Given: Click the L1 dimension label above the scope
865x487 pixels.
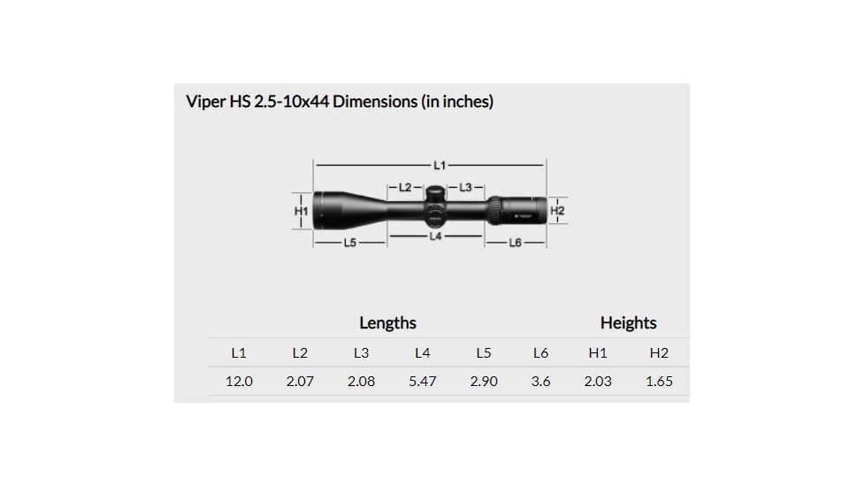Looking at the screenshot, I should pyautogui.click(x=440, y=165).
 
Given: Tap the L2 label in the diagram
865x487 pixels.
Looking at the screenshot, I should pyautogui.click(x=405, y=187).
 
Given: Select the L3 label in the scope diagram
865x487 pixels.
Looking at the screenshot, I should pyautogui.click(x=466, y=187).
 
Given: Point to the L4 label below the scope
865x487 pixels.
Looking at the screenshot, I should pyautogui.click(x=436, y=237).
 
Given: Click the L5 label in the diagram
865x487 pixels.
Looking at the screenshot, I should pyautogui.click(x=349, y=243).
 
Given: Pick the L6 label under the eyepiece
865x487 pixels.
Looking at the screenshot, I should pyautogui.click(x=516, y=243).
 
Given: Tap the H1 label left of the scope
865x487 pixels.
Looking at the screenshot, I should pyautogui.click(x=301, y=212).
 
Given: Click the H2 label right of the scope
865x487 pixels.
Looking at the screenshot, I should pyautogui.click(x=557, y=211).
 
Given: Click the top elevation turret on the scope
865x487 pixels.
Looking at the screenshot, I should pyautogui.click(x=436, y=192).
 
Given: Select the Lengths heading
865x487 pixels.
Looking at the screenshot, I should pyautogui.click(x=387, y=323).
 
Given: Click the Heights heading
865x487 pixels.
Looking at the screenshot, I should pyautogui.click(x=628, y=323).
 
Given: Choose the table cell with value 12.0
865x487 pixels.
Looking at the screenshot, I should pyautogui.click(x=239, y=382).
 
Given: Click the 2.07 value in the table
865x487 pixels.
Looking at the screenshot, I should pyautogui.click(x=300, y=382).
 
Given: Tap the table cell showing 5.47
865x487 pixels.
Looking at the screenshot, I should pyautogui.click(x=422, y=382).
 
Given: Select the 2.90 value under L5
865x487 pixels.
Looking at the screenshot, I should pyautogui.click(x=483, y=382).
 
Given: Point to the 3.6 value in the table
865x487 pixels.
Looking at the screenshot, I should pyautogui.click(x=540, y=382).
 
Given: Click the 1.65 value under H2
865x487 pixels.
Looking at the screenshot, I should pyautogui.click(x=659, y=382).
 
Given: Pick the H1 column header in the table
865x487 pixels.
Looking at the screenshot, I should pyautogui.click(x=598, y=352).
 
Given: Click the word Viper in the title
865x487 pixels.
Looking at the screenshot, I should pyautogui.click(x=206, y=102).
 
